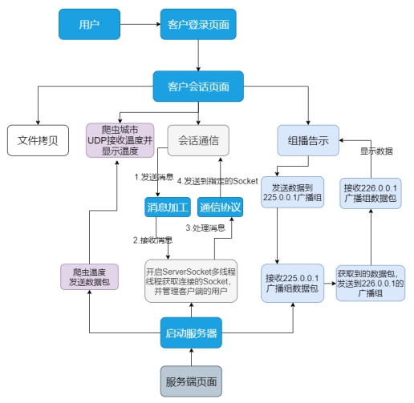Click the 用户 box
pyautogui.click(x=89, y=24)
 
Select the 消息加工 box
pyautogui.click(x=167, y=208)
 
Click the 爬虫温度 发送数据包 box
pyautogui.click(x=89, y=276)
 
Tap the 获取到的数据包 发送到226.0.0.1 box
pyautogui.click(x=371, y=283)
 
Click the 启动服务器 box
pyautogui.click(x=190, y=332)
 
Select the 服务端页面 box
pyautogui.click(x=190, y=381)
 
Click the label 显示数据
pyautogui.click(x=375, y=150)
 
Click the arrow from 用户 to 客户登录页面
pyautogui.click(x=140, y=24)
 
